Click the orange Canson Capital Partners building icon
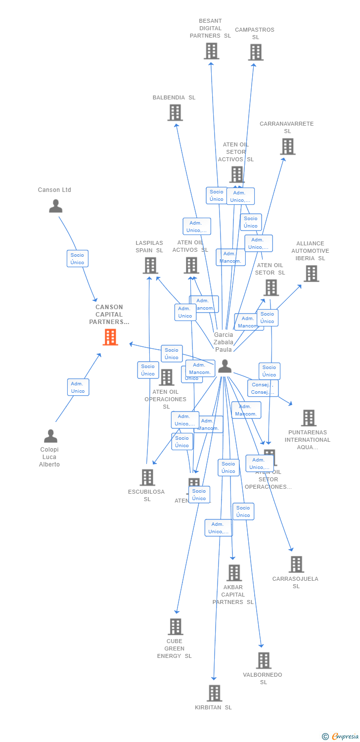point(110,337)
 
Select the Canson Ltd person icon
point(55,206)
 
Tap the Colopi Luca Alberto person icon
point(50,436)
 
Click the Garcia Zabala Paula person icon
point(225,366)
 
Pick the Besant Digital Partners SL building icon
point(211,51)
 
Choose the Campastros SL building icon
point(255,52)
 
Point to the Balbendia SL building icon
point(175,113)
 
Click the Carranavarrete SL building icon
point(287,146)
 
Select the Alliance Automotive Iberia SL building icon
point(311,273)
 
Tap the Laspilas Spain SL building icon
point(150,266)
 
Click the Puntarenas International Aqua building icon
point(309,418)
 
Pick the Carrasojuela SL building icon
point(296,564)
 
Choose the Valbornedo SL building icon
point(264,660)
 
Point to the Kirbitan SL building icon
point(214,693)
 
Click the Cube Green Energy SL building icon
point(175,627)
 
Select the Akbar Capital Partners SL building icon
point(234,573)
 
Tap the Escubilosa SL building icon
point(147,477)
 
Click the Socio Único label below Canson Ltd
point(78,259)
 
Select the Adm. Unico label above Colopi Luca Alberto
point(78,387)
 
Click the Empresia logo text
point(345,737)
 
